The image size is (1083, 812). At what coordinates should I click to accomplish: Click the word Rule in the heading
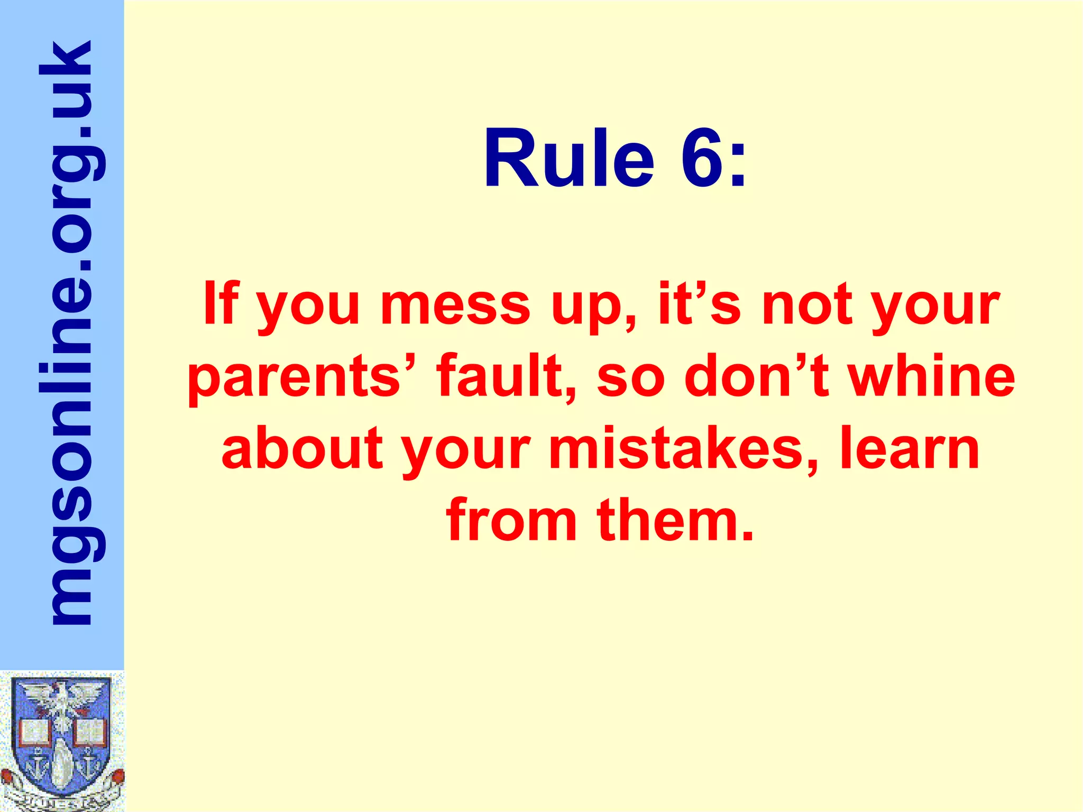click(569, 159)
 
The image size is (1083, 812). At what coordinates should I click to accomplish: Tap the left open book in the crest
click(35, 732)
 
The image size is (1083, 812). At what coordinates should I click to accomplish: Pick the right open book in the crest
click(89, 732)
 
